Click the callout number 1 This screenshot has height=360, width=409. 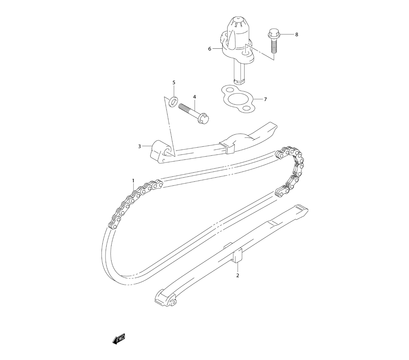click(x=133, y=180)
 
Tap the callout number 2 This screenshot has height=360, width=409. click(x=238, y=275)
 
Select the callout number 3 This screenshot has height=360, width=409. click(x=139, y=146)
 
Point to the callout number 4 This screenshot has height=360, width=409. click(x=195, y=97)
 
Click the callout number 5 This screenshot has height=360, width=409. click(x=174, y=83)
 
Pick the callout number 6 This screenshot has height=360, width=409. click(x=210, y=49)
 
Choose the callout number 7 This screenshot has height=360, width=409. click(x=265, y=99)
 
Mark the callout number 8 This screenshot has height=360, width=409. click(x=297, y=34)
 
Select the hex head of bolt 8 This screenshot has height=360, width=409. click(x=272, y=34)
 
